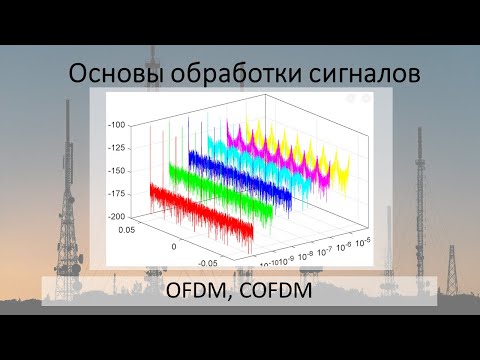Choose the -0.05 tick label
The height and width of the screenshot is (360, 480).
click(208, 262)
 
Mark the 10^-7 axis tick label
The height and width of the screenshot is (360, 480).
click(321, 251)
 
